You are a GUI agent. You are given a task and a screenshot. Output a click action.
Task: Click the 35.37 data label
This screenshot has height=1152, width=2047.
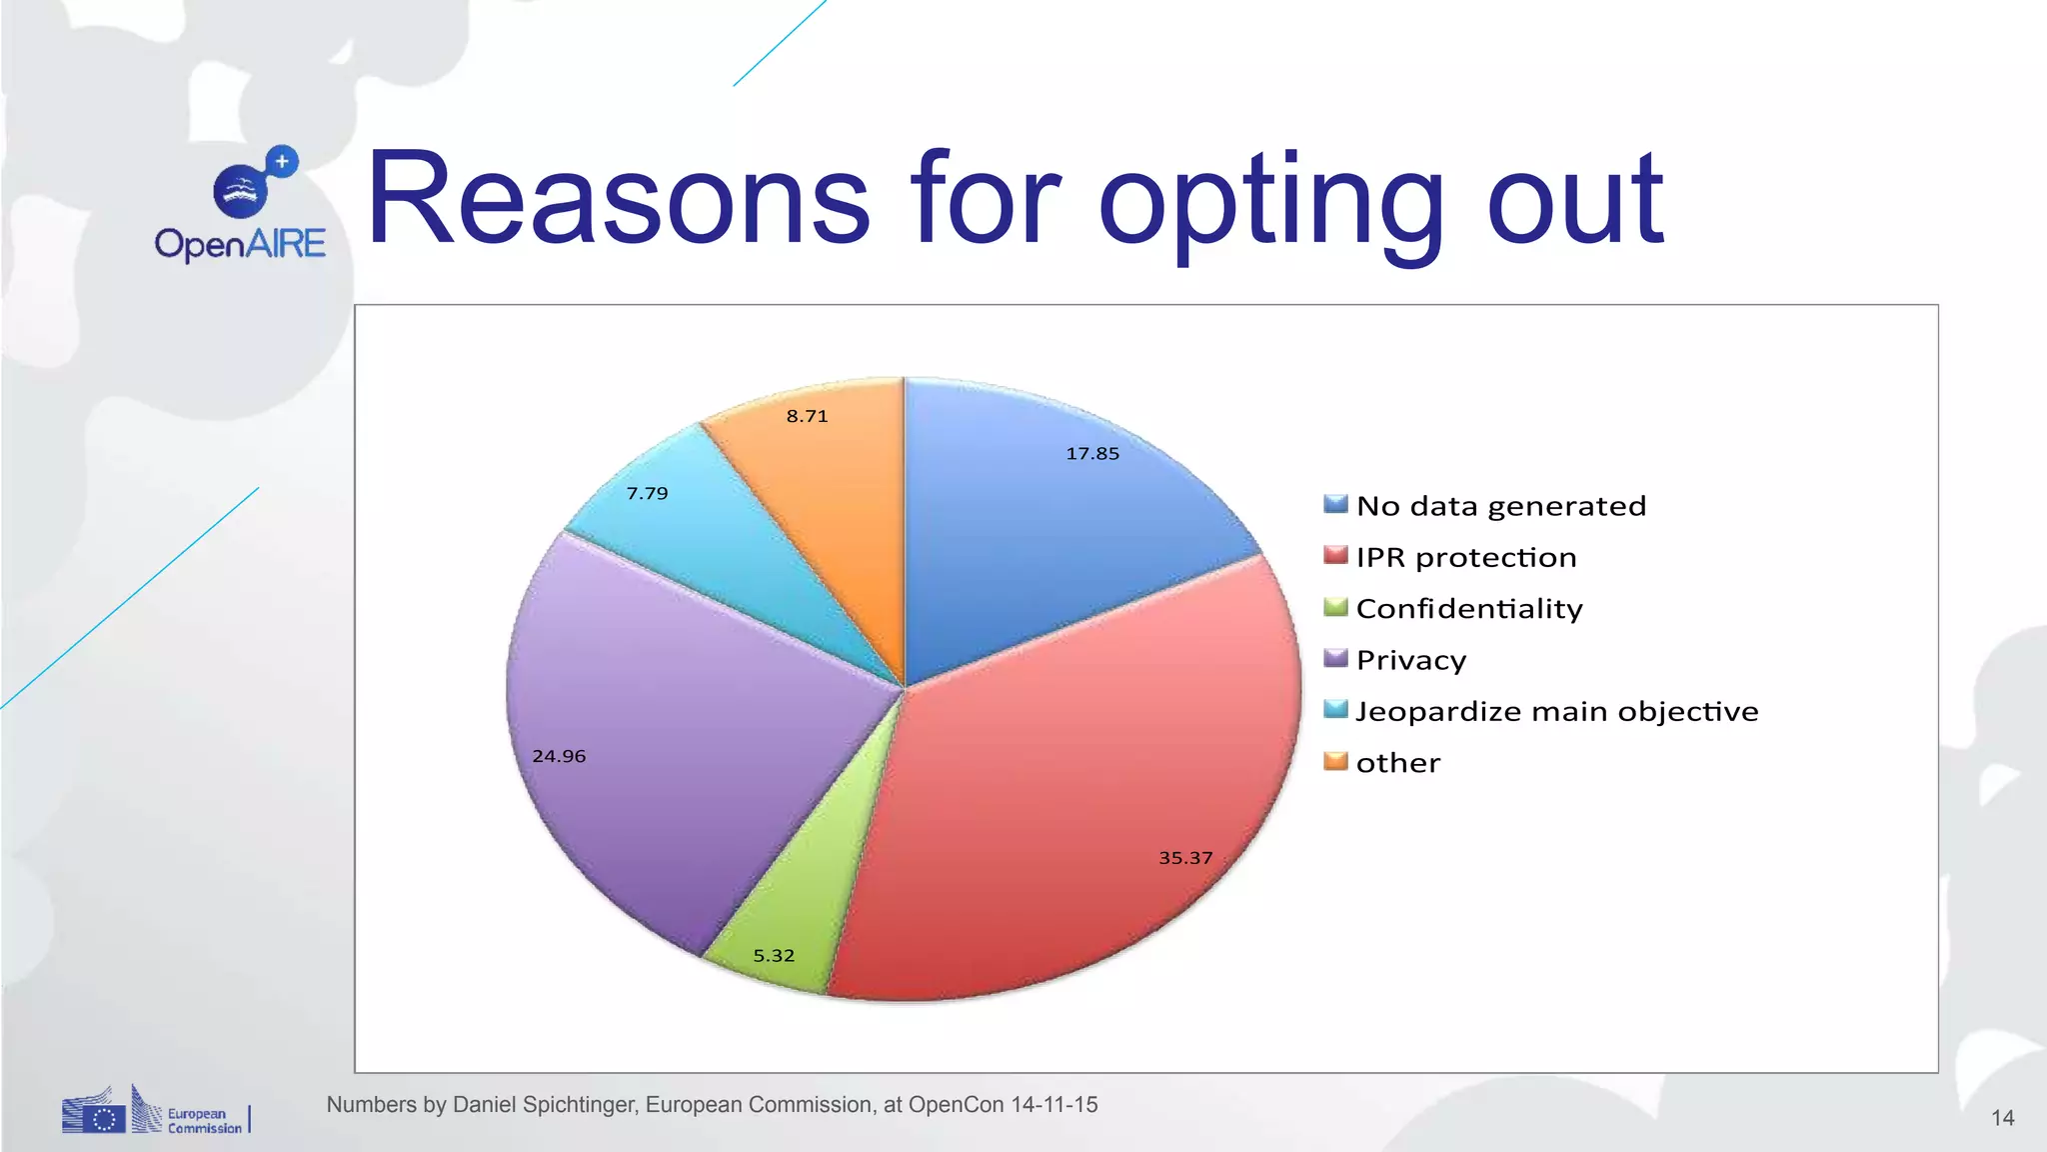[1185, 858]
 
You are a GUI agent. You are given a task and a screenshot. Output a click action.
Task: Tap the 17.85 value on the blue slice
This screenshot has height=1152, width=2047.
[1092, 454]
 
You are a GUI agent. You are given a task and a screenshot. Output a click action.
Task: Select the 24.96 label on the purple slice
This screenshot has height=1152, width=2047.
[559, 757]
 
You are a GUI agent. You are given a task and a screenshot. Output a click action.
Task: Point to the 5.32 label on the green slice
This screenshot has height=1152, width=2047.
[774, 956]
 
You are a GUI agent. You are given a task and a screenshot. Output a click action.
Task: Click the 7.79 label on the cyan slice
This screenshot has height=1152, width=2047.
[647, 494]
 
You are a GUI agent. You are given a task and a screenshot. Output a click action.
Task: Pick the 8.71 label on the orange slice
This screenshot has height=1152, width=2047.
[807, 417]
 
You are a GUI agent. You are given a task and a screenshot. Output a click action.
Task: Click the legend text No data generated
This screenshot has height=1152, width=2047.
[1500, 506]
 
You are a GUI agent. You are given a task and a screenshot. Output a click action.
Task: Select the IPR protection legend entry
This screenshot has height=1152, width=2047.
[1465, 558]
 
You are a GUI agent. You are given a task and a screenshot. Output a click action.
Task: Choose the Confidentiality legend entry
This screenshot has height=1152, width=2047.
[1468, 609]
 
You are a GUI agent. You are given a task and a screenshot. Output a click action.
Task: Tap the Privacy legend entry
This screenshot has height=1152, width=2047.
[1410, 660]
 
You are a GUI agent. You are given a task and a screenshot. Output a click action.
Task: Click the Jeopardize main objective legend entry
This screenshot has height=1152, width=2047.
[1556, 712]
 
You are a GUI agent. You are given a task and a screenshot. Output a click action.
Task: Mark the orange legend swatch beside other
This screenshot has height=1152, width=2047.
[1335, 762]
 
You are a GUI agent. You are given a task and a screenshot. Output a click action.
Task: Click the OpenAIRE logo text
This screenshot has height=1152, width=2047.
[240, 244]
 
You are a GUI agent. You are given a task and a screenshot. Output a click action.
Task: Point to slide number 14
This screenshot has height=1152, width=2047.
[2002, 1118]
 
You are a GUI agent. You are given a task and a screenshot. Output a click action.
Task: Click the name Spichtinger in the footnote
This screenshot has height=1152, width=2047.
[580, 1105]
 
